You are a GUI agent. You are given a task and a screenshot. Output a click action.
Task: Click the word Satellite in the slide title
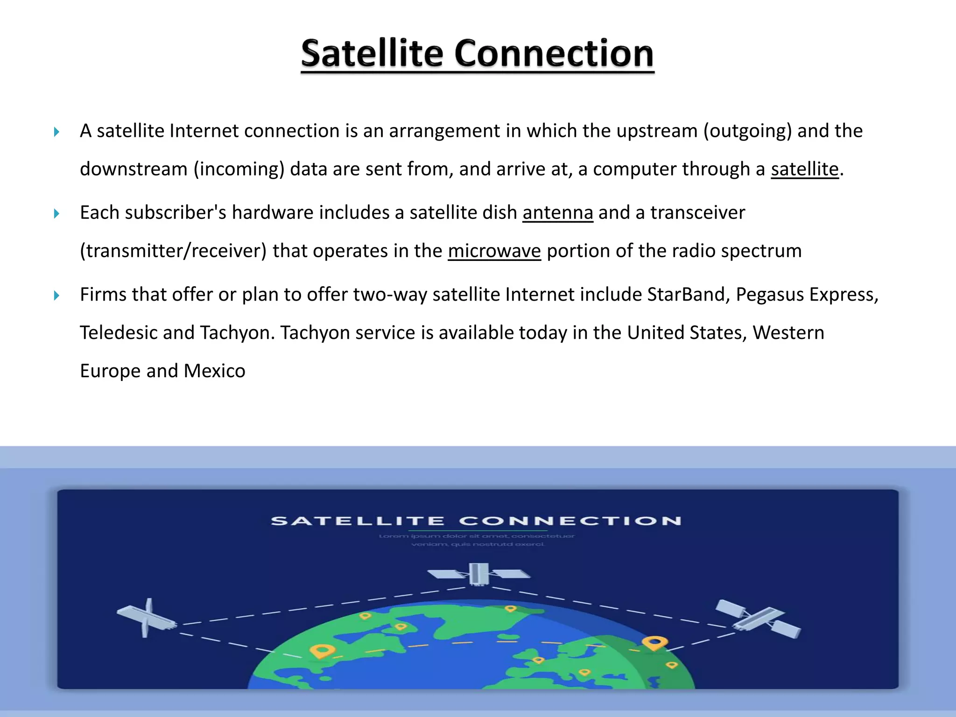(372, 54)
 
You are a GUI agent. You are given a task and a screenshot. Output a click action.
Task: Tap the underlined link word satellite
(804, 169)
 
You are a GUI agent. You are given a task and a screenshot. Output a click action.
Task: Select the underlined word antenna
(557, 213)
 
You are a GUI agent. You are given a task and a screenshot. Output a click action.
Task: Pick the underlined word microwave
(494, 251)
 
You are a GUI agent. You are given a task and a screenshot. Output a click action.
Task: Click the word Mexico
(214, 371)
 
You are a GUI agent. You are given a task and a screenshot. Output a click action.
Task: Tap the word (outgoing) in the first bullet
(747, 131)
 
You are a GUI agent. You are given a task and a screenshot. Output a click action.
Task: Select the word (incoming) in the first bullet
(239, 169)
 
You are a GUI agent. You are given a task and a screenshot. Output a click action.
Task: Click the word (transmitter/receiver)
(173, 251)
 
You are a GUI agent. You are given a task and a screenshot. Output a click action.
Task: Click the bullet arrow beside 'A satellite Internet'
(56, 132)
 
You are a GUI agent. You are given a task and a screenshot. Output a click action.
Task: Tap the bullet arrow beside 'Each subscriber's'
(56, 214)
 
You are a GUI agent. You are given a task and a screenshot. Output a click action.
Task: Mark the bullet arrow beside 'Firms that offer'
(56, 295)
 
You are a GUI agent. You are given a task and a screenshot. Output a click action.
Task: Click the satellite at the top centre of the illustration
(478, 574)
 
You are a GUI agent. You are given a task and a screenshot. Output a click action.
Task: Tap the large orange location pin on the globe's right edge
(654, 643)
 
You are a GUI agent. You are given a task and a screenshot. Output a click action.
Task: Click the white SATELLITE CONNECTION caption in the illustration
(476, 521)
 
